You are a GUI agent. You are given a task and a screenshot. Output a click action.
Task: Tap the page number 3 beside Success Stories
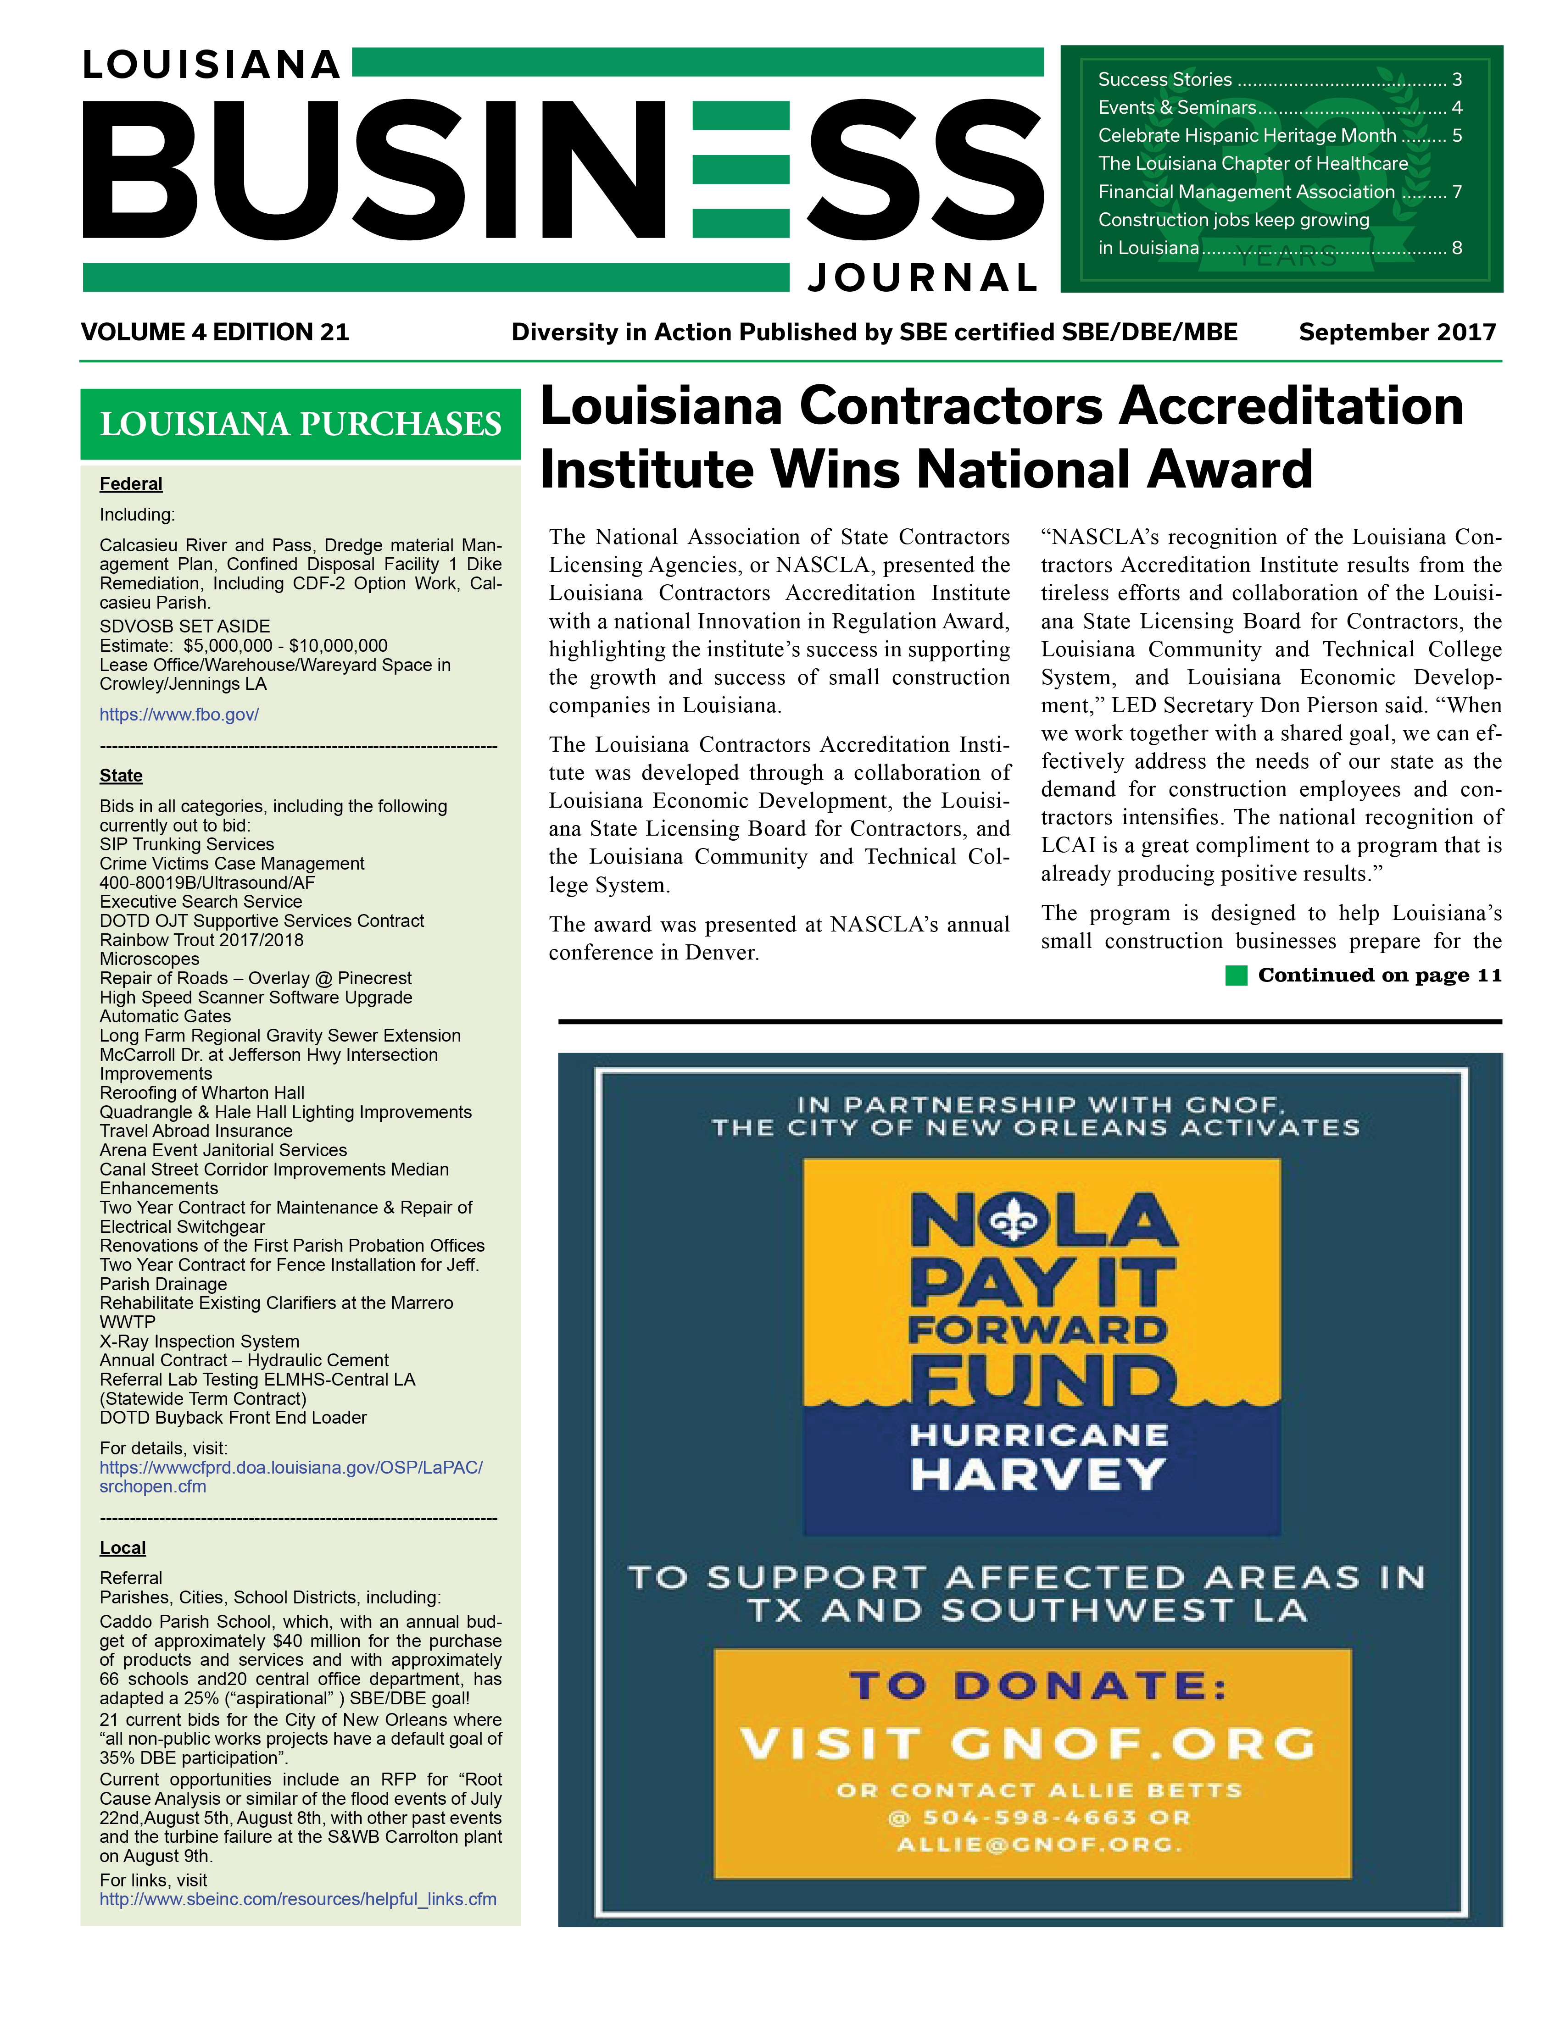tap(1456, 79)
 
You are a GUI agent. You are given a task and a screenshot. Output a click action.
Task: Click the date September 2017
tap(1396, 333)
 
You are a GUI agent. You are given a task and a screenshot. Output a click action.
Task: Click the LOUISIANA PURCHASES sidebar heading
tap(301, 424)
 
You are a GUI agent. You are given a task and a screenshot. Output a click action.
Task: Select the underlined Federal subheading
tap(131, 484)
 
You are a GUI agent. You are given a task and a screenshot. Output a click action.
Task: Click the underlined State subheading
tap(121, 776)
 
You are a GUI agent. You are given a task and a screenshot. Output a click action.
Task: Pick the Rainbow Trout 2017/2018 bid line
tap(201, 940)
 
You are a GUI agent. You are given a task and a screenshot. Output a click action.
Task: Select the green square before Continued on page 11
tap(1236, 976)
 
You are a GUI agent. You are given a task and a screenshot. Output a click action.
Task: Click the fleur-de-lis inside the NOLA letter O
tap(1014, 1222)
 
